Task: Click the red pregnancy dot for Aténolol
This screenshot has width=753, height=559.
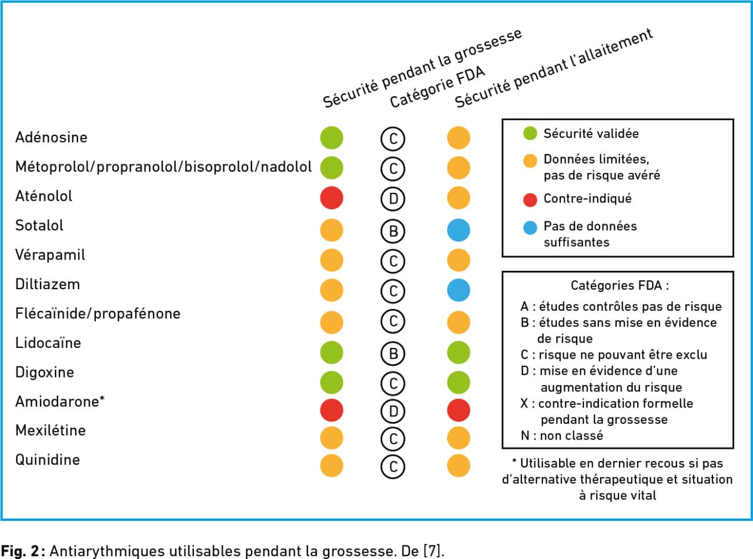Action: pos(331,198)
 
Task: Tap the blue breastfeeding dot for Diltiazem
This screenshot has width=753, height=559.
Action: pos(458,290)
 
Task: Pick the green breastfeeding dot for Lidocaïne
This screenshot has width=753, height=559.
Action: pos(458,353)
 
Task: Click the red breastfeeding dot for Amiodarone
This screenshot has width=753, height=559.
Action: pos(458,410)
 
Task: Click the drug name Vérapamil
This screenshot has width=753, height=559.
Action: pos(50,255)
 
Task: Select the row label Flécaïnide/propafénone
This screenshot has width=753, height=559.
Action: pos(98,314)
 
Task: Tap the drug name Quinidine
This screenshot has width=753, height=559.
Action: pos(47,460)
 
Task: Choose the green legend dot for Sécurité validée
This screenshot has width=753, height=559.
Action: pos(530,133)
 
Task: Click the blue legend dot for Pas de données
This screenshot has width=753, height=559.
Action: pos(530,228)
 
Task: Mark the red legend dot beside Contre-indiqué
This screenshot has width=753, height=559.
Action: pos(530,200)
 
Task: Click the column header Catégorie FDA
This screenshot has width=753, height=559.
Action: pos(438,87)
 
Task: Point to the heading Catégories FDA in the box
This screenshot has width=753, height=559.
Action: pos(620,285)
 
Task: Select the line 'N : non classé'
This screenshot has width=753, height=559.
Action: pos(562,435)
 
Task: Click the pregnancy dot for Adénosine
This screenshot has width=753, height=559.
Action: pos(331,137)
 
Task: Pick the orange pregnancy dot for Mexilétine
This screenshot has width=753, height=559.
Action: pos(331,438)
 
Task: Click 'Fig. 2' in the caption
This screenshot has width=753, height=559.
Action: pos(21,550)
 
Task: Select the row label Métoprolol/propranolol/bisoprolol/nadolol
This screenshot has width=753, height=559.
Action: pos(163,167)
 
